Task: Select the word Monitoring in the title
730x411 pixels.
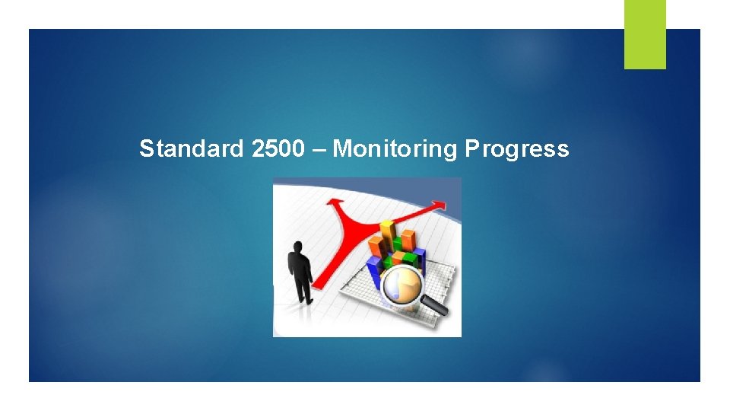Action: click(394, 148)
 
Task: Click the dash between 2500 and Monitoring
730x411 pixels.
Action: click(322, 149)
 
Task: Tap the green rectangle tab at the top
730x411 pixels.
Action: click(645, 33)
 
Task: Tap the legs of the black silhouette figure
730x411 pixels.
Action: click(303, 289)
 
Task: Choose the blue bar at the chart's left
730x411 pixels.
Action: click(373, 267)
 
